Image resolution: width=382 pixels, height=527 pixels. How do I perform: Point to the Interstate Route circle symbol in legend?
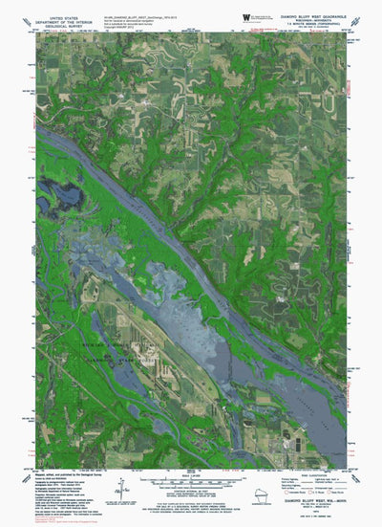pyautogui.click(x=290, y=477)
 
